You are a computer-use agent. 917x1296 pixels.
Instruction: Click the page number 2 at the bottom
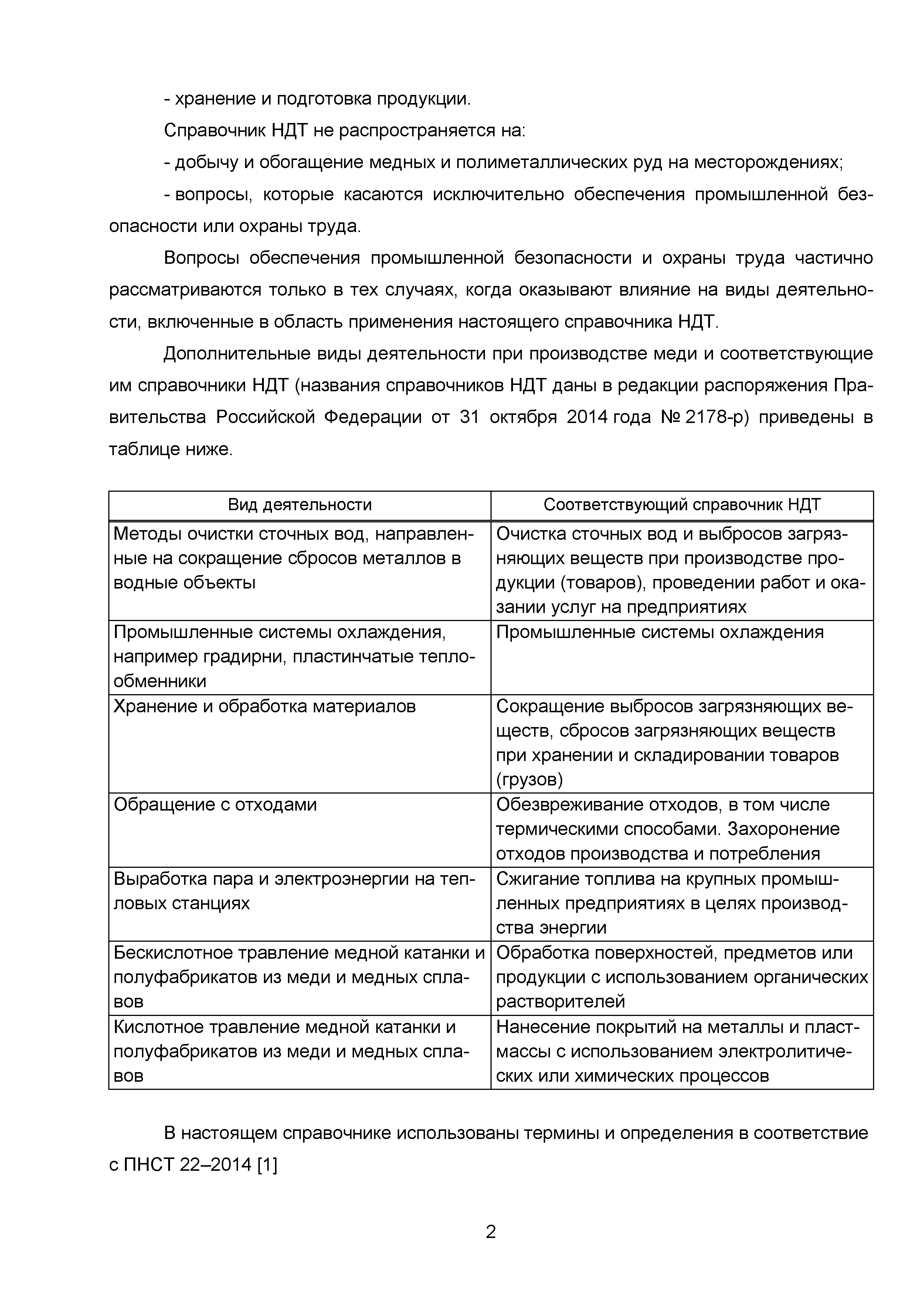coord(490,1231)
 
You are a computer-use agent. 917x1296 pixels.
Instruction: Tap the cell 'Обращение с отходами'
coord(215,804)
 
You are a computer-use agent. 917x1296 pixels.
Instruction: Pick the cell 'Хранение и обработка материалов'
coord(264,706)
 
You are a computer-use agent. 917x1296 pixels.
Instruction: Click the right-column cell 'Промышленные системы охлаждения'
coord(659,632)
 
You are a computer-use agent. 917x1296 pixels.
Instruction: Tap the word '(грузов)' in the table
coord(529,780)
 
